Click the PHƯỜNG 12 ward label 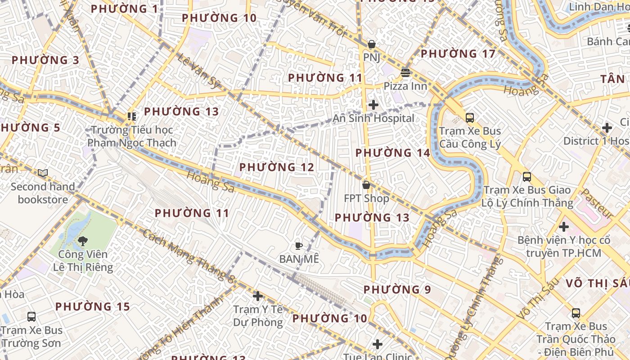coord(276,167)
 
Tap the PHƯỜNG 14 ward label coord(392,153)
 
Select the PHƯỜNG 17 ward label coord(457,54)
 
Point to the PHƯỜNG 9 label coord(397,289)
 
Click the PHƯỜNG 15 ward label coord(92,307)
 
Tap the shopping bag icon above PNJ coord(372,44)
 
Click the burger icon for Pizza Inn coord(405,72)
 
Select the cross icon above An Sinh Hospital coord(373,105)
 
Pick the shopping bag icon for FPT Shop coord(366,184)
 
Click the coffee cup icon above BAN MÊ coord(298,246)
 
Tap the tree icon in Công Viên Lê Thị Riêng coord(82,242)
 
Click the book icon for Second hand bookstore coord(43,173)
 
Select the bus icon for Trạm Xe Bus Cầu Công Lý coord(470,118)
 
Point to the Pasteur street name coord(597,204)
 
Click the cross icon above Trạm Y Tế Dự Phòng coord(257,296)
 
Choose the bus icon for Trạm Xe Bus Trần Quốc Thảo coord(576,313)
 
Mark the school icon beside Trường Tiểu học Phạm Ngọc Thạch coord(131,117)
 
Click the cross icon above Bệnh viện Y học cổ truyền coord(563,227)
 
